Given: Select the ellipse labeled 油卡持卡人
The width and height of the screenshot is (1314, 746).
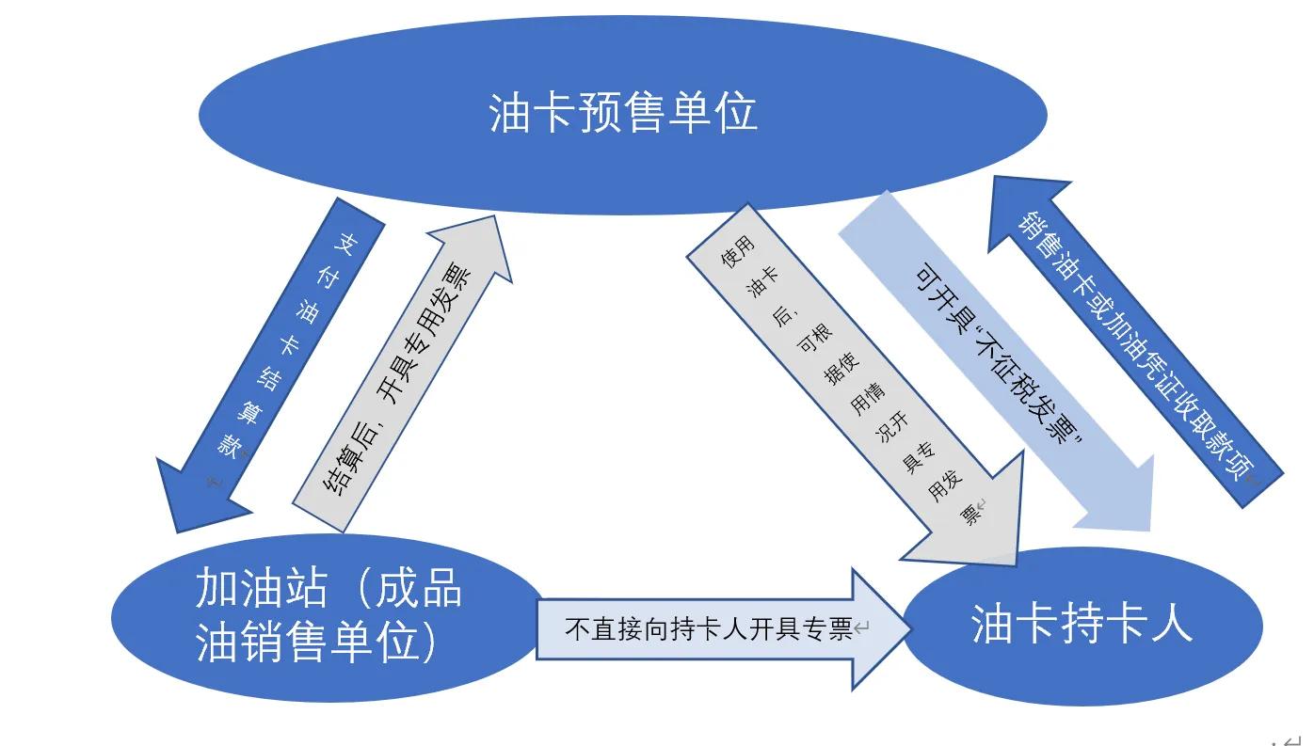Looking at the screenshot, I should [1082, 625].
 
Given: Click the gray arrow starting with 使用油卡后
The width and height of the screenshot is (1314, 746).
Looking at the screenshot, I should [847, 376].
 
